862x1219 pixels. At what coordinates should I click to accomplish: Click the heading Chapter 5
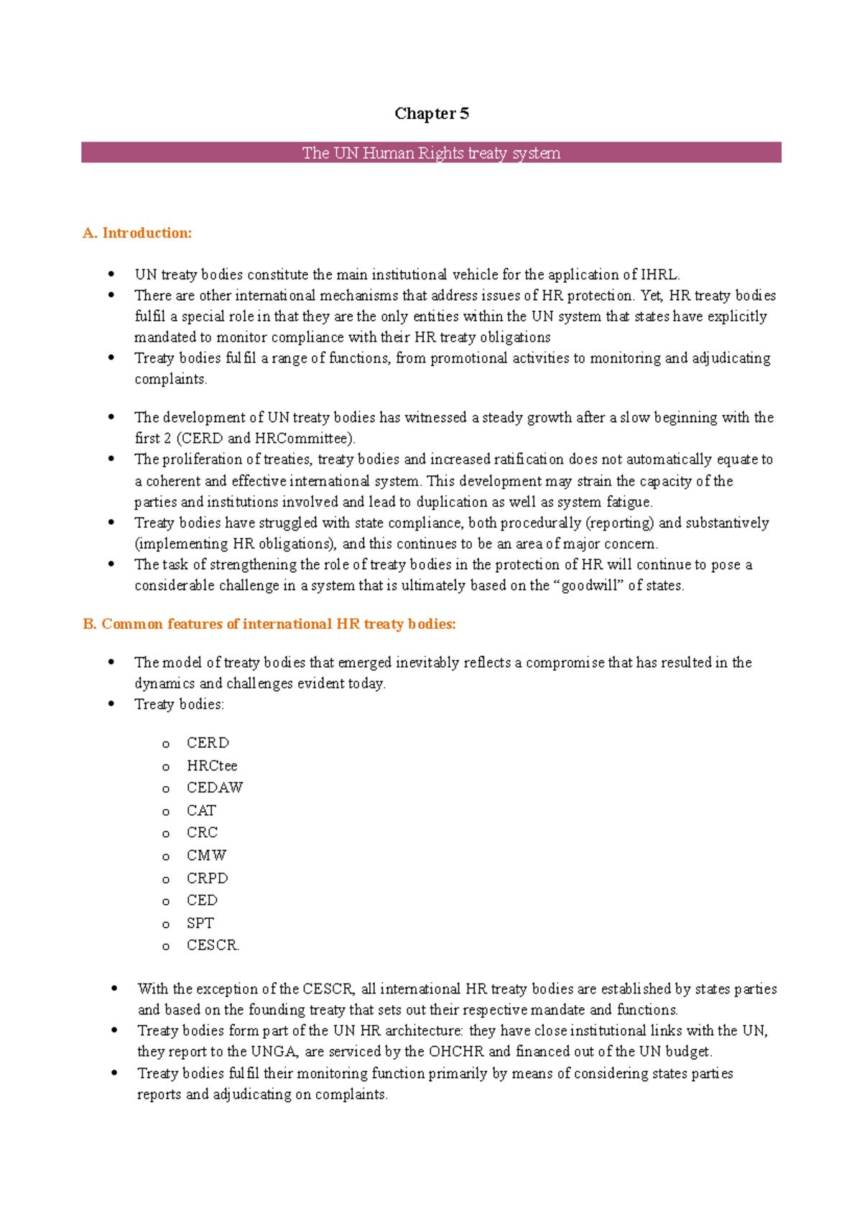[x=431, y=113]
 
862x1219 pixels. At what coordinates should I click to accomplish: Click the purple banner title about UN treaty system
[x=431, y=153]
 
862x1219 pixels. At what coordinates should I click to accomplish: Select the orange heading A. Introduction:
[x=137, y=233]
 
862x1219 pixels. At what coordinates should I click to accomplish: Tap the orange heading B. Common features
[x=269, y=624]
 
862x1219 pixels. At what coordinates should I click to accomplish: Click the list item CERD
[x=208, y=742]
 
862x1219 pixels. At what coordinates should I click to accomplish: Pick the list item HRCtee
[x=212, y=765]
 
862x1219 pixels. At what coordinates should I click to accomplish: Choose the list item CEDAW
[x=215, y=788]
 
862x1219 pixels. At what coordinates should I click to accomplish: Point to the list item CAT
[x=201, y=811]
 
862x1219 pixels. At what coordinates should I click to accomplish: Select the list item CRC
[x=202, y=833]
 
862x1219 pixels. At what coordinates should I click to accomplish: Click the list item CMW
[x=206, y=855]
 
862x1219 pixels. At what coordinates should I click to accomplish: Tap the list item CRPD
[x=207, y=878]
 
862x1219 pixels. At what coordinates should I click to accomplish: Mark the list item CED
[x=202, y=900]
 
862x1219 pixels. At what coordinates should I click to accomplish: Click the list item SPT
[x=200, y=923]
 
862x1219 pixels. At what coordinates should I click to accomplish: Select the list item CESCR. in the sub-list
[x=213, y=945]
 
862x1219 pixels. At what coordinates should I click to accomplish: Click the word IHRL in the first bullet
[x=659, y=274]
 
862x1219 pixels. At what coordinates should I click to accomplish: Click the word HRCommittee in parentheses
[x=302, y=439]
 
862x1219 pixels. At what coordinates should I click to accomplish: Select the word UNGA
[x=274, y=1052]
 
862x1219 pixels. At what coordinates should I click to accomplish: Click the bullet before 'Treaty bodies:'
[x=111, y=704]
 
